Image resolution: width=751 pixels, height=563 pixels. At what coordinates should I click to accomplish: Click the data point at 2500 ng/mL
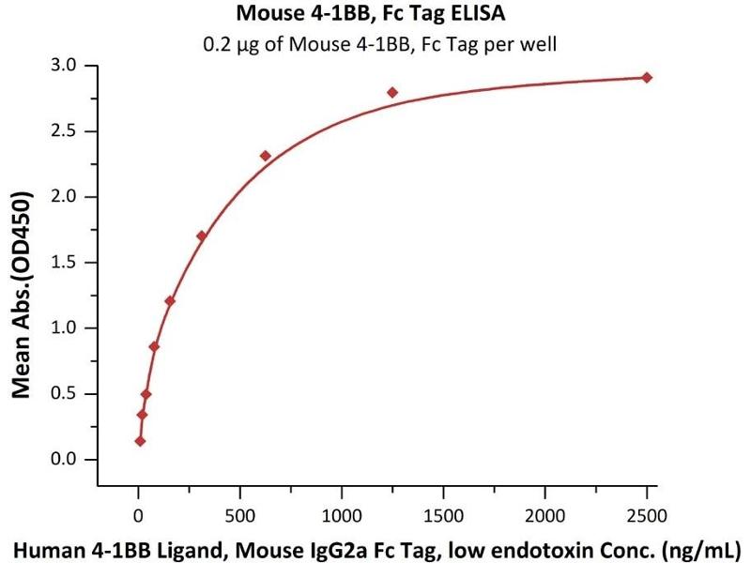(647, 77)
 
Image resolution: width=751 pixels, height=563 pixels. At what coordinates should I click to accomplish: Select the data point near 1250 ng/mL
(392, 92)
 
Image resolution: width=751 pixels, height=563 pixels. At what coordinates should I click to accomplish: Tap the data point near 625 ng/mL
(266, 156)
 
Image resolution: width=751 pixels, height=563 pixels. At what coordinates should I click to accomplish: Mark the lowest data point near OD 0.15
(140, 440)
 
